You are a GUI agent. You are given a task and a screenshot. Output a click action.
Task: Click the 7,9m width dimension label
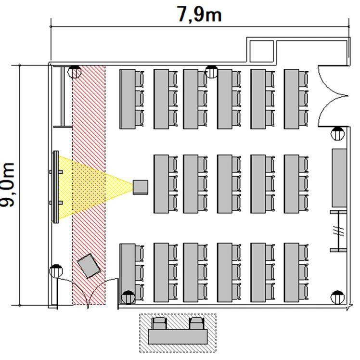(199, 14)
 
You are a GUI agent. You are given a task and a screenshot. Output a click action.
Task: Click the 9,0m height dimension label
(7, 185)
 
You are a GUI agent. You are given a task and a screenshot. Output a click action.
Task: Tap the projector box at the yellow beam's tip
(141, 187)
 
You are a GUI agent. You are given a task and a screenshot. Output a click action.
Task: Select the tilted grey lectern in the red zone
(89, 266)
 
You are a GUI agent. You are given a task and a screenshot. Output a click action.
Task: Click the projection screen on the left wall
(56, 187)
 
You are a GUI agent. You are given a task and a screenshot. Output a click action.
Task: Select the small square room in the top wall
(261, 51)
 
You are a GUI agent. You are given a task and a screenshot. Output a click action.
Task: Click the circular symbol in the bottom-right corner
(337, 297)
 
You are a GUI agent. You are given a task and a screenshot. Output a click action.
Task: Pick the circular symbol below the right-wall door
(337, 133)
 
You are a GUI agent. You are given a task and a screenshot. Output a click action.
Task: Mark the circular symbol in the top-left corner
(75, 72)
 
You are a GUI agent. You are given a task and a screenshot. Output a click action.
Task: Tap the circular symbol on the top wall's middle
(211, 72)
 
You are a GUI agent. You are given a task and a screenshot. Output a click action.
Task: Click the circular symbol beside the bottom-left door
(56, 271)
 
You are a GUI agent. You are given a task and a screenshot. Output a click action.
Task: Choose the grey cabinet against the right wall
(339, 178)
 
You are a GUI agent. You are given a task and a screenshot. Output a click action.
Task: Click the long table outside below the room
(178, 336)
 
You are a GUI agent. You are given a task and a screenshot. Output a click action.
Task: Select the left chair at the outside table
(159, 323)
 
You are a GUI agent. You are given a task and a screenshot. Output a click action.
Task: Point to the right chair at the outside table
(196, 323)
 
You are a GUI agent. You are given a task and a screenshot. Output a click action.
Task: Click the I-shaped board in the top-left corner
(63, 96)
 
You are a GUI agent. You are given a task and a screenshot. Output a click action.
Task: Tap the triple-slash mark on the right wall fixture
(338, 231)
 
